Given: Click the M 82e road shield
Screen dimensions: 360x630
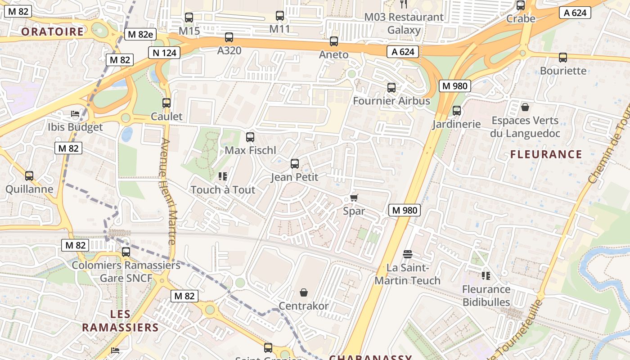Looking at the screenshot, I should coord(140,34).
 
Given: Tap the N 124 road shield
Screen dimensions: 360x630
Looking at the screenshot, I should coord(164,53).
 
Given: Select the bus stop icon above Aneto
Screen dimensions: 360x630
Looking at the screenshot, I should coord(334,41).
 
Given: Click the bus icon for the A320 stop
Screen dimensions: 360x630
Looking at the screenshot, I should coord(229,37).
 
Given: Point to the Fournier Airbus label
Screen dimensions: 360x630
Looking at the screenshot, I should coord(391,101).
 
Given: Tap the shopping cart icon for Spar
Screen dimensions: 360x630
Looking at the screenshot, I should coord(354,198).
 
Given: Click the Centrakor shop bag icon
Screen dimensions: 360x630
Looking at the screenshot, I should coord(304,293).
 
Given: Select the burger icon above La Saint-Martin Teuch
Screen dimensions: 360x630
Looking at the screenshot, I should coord(408,255).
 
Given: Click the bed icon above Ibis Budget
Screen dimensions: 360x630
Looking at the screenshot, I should coord(75,114).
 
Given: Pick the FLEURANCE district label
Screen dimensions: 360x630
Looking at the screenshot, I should coord(546,154).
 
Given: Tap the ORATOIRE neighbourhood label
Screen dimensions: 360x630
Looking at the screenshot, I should coord(52,31).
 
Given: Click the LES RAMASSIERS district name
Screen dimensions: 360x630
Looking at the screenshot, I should coord(120,321).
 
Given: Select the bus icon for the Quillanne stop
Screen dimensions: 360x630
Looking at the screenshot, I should coord(29,176).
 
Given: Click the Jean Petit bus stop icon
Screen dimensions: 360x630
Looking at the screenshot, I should coord(295,164).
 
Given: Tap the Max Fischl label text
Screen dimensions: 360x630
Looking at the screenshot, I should coord(250,150).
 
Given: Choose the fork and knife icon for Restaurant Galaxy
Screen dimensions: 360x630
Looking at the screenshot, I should coord(404,4).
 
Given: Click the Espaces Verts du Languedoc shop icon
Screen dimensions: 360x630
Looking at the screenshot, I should coord(525,107).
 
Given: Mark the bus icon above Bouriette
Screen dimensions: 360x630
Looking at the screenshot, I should coord(563,58).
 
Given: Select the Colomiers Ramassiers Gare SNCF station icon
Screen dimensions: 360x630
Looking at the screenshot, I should coord(126,252).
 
